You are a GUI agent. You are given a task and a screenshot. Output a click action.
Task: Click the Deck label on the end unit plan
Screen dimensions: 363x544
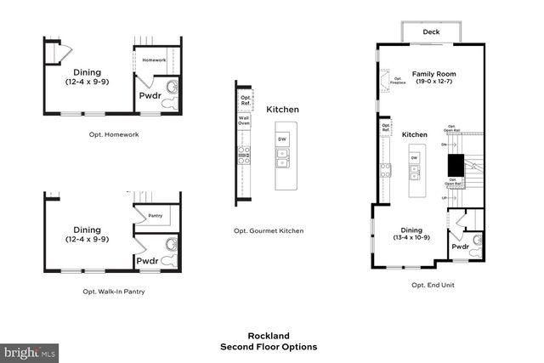[x=431, y=32]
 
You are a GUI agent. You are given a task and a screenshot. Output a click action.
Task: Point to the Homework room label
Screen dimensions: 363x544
[x=154, y=60]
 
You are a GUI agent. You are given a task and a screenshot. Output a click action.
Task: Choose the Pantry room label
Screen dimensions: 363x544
[x=155, y=215]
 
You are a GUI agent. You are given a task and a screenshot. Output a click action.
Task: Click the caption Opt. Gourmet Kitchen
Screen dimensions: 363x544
[x=269, y=230]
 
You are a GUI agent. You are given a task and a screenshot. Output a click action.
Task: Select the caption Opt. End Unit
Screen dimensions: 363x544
[x=433, y=285]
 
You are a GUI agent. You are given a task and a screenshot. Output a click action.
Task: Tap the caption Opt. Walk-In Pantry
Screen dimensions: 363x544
[x=114, y=292]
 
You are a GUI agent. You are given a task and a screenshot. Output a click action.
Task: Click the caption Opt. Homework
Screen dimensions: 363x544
[x=114, y=134]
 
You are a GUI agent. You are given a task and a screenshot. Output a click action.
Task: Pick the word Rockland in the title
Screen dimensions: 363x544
[x=269, y=335]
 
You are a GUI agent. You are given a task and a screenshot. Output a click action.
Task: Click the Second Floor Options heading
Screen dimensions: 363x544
[x=269, y=347]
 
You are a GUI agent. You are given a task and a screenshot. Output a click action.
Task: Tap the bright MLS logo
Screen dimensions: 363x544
[x=31, y=351]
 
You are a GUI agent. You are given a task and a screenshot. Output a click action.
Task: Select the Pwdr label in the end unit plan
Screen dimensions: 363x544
[x=460, y=247]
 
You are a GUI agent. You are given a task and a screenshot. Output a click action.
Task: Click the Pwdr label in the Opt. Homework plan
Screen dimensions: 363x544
[x=148, y=96]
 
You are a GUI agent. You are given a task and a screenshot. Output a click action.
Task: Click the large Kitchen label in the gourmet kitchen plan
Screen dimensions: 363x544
[x=282, y=110]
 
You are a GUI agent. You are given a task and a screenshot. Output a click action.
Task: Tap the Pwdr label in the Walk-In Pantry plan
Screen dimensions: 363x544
[x=148, y=261]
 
